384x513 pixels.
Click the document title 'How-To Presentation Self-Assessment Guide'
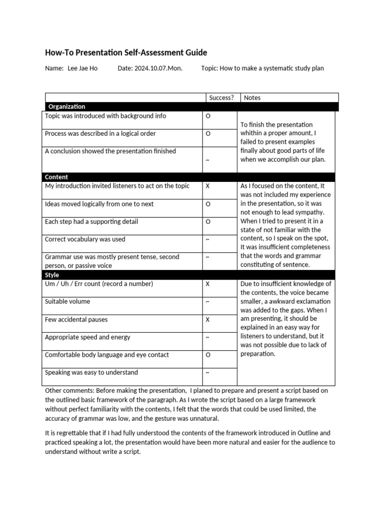tap(125, 53)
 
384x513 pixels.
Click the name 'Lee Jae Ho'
tap(82, 68)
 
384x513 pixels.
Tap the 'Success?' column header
tap(221, 98)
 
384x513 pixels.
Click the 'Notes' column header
tap(252, 98)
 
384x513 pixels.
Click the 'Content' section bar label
tap(56, 177)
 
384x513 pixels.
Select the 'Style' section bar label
tap(52, 275)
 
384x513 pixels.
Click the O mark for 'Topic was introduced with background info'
tap(208, 116)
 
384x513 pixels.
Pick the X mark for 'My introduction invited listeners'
tap(207, 186)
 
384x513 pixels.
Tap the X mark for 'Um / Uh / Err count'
tap(207, 284)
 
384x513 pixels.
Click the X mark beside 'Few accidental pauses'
tap(207, 320)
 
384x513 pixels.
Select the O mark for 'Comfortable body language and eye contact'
tap(208, 355)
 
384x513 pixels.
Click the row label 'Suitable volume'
tap(67, 302)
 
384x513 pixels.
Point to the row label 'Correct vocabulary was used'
tap(85, 239)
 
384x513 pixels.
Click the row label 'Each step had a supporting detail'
tap(91, 221)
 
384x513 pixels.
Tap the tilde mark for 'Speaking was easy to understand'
tap(207, 373)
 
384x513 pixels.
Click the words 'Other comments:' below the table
tap(69, 390)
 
